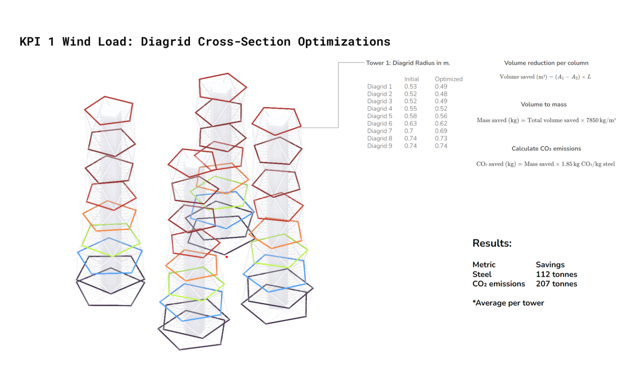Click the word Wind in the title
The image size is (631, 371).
point(76,41)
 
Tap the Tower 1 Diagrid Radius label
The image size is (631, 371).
point(408,63)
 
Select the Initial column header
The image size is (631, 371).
point(411,79)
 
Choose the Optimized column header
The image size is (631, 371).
point(448,79)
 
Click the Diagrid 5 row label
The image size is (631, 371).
point(379,116)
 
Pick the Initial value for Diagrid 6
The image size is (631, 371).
point(410,124)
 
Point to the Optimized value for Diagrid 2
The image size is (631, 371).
point(441,94)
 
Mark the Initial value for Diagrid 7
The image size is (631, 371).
point(408,131)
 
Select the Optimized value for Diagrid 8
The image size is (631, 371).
point(441,138)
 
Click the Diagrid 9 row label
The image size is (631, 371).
point(379,146)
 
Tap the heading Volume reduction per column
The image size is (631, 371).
point(546,63)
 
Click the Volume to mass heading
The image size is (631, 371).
point(543,104)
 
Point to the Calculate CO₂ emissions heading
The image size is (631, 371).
point(546,149)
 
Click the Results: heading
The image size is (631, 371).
point(492,243)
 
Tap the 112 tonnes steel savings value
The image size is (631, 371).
point(556,274)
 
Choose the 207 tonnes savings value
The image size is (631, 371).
point(556,284)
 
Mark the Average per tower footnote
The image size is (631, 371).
point(508,303)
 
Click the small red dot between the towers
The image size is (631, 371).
point(226,257)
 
